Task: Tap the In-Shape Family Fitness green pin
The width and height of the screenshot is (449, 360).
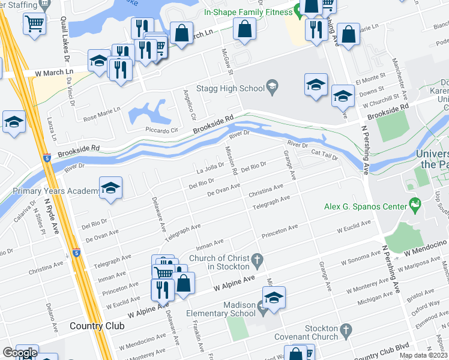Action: tap(298, 11)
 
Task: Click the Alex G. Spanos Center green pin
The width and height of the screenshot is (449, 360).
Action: tap(414, 206)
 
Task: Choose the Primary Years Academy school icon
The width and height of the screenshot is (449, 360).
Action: tap(110, 190)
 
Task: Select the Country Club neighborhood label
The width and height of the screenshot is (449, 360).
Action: tap(97, 326)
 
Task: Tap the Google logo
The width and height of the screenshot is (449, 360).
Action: tap(19, 353)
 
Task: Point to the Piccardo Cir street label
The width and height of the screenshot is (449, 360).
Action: tap(161, 129)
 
